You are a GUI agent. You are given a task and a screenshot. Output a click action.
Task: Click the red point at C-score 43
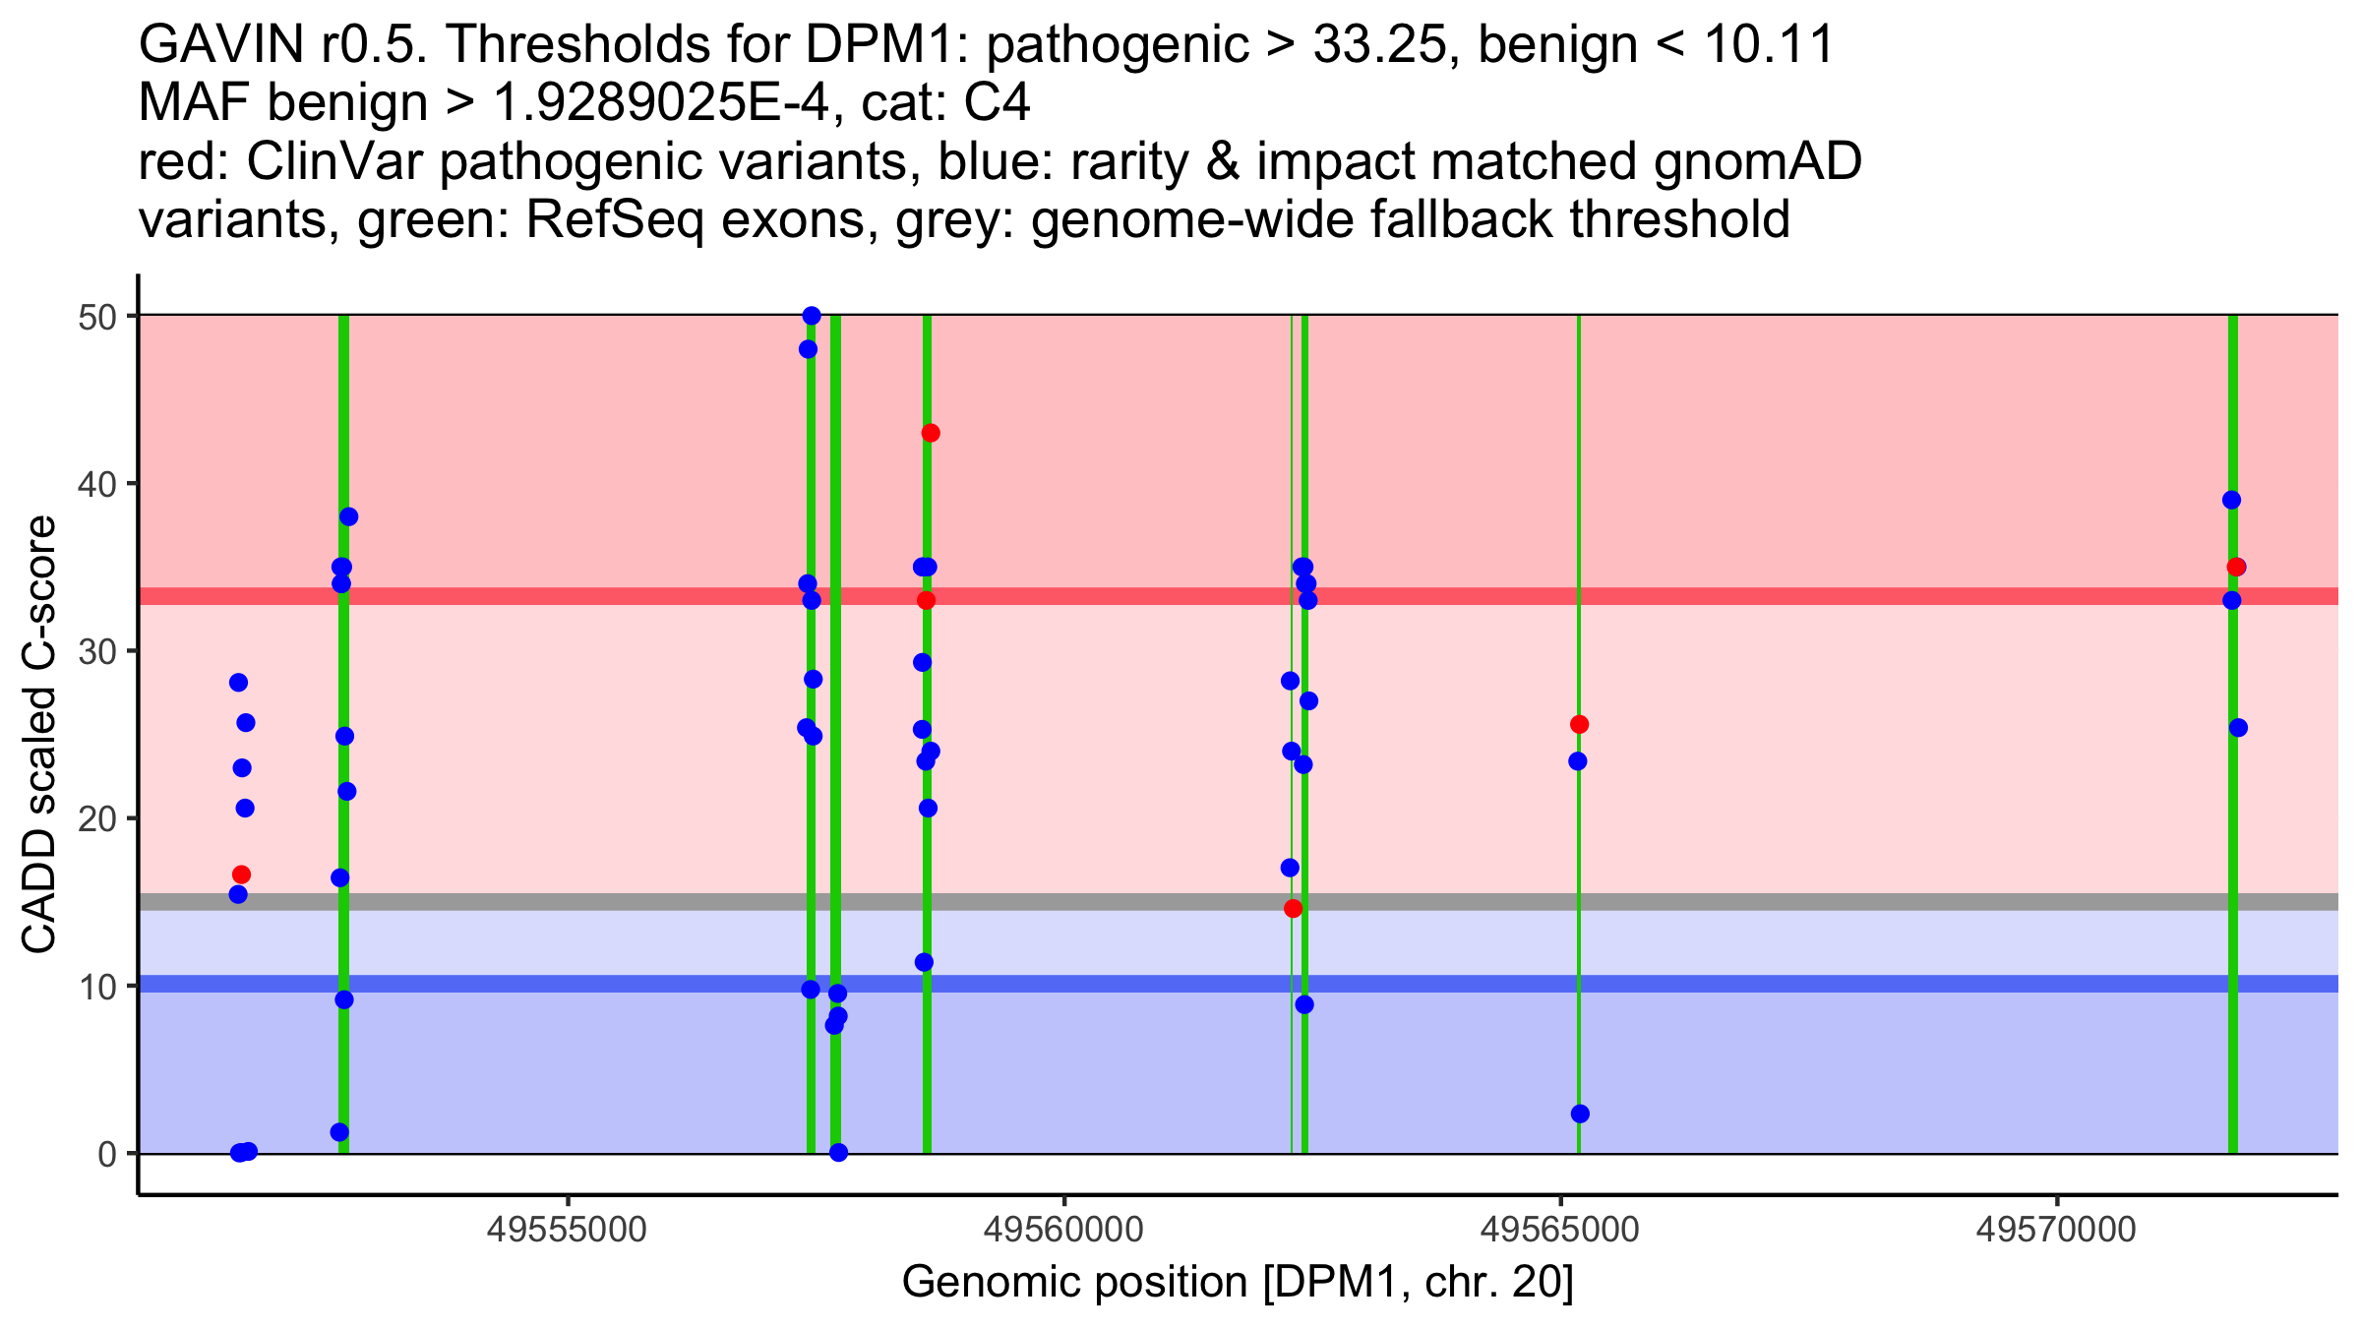[x=931, y=433]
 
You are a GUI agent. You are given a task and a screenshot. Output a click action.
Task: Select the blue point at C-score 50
[x=812, y=316]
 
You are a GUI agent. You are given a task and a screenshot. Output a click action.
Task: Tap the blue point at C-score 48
[x=808, y=349]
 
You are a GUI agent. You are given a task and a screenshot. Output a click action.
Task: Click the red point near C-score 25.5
[x=1579, y=725]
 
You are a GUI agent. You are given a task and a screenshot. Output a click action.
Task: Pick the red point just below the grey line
[x=1293, y=909]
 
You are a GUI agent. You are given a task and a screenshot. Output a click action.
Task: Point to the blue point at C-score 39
[x=2231, y=500]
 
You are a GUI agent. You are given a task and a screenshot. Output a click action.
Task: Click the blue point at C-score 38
[x=348, y=516]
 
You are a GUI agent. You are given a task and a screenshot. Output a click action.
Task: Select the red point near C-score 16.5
[x=241, y=875]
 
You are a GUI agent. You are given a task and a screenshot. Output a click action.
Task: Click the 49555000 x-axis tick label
[x=567, y=1230]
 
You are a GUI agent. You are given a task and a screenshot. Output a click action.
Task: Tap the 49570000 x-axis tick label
[x=2057, y=1230]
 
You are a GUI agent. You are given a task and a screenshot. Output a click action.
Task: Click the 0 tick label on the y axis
[x=106, y=1154]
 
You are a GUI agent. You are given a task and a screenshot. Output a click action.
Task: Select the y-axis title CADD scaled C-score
[x=39, y=735]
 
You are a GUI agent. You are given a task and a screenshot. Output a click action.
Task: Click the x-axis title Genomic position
[x=1238, y=1283]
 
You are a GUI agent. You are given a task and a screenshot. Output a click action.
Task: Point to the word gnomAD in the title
[x=1757, y=161]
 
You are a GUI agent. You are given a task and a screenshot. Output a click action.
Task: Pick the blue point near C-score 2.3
[x=1580, y=1114]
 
